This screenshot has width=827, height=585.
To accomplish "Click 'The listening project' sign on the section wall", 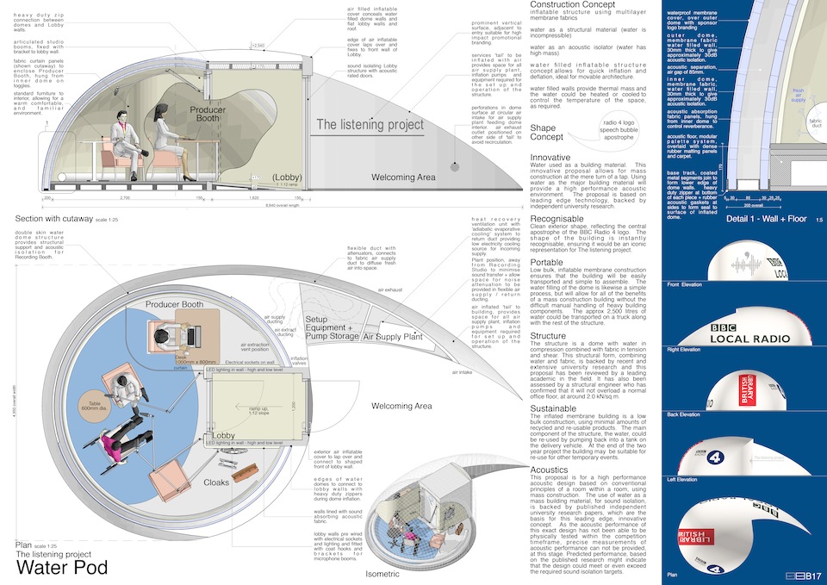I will pyautogui.click(x=370, y=125).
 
